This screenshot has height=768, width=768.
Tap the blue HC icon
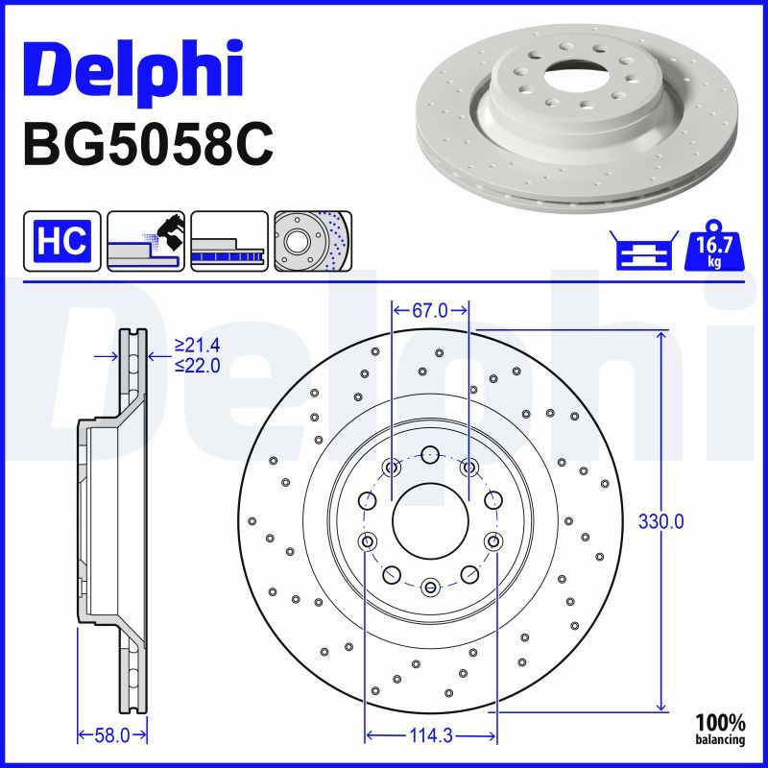(61, 240)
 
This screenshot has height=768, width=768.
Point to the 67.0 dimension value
(430, 309)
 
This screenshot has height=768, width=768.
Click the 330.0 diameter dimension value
(661, 522)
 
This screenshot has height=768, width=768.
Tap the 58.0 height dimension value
(113, 735)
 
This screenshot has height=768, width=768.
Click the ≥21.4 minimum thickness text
(197, 344)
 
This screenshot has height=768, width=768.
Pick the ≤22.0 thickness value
(197, 365)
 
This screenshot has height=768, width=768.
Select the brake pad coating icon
(146, 240)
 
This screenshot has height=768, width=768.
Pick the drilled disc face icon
(312, 240)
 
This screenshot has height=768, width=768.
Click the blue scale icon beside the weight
(640, 252)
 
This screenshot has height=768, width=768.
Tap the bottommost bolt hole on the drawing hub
(430, 585)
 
